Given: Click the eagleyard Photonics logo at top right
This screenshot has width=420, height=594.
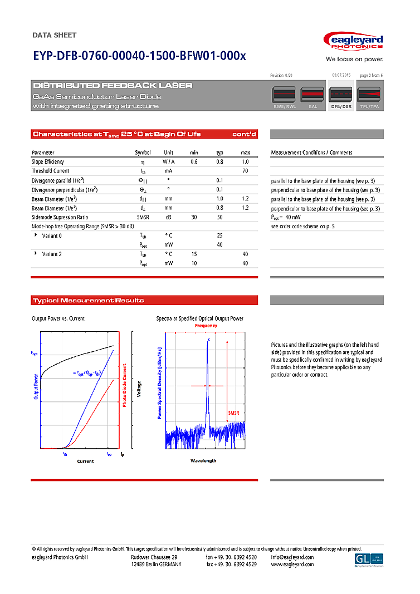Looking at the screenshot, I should pyautogui.click(x=353, y=42).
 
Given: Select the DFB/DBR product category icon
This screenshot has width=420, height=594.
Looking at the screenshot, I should pyautogui.click(x=341, y=97).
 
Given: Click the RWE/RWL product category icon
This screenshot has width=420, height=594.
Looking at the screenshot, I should pyautogui.click(x=285, y=97).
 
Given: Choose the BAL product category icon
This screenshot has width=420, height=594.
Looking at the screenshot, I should pyautogui.click(x=312, y=97).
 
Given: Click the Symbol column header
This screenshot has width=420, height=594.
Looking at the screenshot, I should pyautogui.click(x=143, y=153).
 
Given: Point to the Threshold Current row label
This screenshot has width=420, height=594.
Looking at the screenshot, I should pyautogui.click(x=51, y=171).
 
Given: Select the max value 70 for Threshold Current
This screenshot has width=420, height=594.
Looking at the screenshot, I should pyautogui.click(x=245, y=171).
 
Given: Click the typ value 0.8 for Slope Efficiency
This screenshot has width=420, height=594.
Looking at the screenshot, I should pyautogui.click(x=219, y=161).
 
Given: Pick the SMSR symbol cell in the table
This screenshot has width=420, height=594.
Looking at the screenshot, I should pyautogui.click(x=143, y=217).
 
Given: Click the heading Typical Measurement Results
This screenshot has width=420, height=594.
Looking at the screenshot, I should pyautogui.click(x=89, y=301).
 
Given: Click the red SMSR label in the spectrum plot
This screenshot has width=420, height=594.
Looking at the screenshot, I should pyautogui.click(x=235, y=413).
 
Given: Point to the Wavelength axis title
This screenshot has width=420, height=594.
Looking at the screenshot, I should pyautogui.click(x=203, y=461).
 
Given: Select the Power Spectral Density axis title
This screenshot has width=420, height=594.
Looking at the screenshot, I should pyautogui.click(x=159, y=383).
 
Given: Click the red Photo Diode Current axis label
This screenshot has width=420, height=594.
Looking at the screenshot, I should pyautogui.click(x=125, y=385).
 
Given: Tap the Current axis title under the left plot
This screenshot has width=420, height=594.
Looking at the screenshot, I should pyautogui.click(x=85, y=462).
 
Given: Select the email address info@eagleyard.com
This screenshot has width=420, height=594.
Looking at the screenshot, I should pyautogui.click(x=292, y=557).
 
